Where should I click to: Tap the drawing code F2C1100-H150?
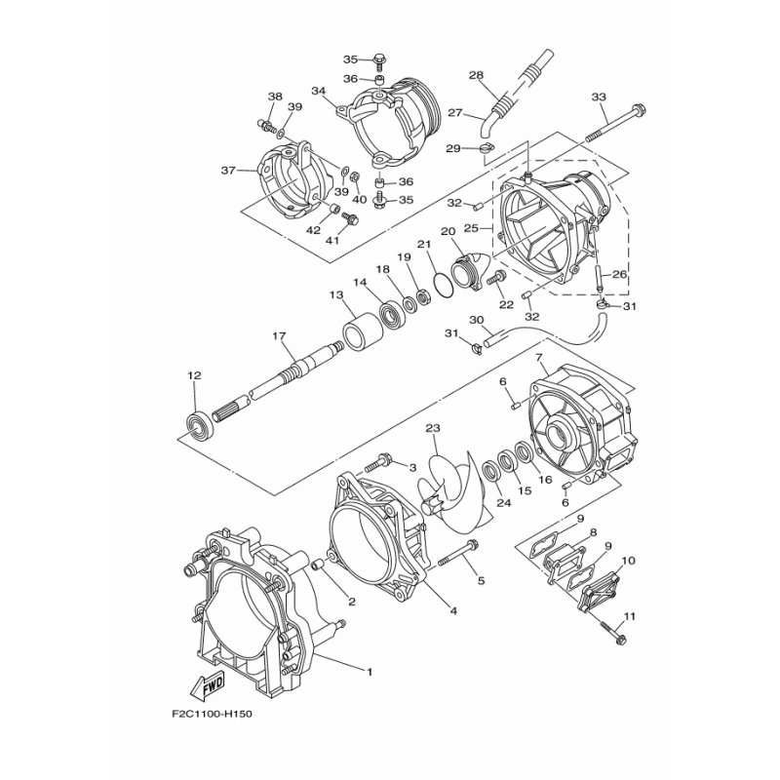[213, 715]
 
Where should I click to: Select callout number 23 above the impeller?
[433, 428]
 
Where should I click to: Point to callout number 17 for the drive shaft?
[279, 336]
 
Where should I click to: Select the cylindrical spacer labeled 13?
[363, 331]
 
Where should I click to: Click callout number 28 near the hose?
[476, 75]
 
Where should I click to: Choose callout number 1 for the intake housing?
[370, 672]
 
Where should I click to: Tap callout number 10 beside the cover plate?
[628, 561]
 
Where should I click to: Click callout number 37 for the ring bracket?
[228, 171]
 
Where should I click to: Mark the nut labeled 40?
[354, 176]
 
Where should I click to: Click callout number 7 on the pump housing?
[538, 357]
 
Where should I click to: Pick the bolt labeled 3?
[378, 462]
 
